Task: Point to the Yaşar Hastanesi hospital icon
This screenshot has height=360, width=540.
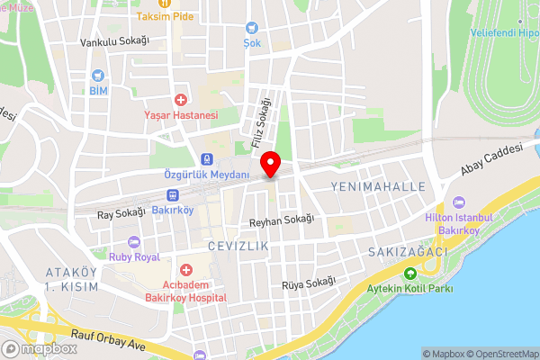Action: coord(181,99)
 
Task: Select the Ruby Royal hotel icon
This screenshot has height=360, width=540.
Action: coord(133,241)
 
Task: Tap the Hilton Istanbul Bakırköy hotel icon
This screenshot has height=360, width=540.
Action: coord(461,202)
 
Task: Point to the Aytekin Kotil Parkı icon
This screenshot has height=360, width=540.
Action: coord(409,274)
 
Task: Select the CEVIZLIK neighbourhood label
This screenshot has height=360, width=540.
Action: coord(238,245)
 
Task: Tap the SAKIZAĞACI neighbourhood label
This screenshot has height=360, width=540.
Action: coord(407,253)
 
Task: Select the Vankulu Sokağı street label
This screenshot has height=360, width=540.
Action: coord(113,41)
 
